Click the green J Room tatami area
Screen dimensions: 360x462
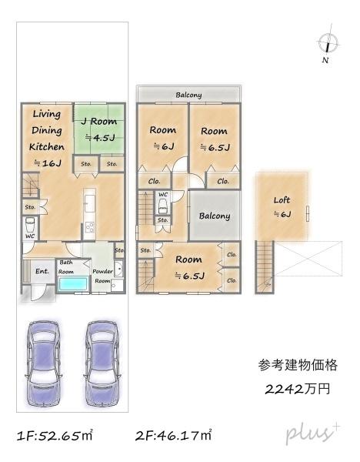[x=98, y=129]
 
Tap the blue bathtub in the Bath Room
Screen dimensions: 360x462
[x=73, y=284]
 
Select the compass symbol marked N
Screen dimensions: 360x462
[x=328, y=44]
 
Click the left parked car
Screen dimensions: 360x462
[x=43, y=363]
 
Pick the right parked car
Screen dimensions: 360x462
[x=102, y=363]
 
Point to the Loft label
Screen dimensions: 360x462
[x=282, y=200]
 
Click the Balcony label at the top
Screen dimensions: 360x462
[x=188, y=95]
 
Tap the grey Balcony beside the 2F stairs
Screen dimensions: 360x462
[x=215, y=216]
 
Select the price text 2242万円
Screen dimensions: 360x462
[x=297, y=389]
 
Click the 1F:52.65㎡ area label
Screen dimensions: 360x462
[x=55, y=435]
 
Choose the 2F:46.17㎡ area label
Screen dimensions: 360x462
[x=173, y=435]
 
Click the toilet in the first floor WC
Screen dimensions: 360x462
[x=30, y=225]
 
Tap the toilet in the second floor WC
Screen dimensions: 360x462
[x=162, y=206]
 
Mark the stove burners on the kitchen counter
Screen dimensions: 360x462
[x=89, y=227]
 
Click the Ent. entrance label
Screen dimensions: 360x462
[x=42, y=271]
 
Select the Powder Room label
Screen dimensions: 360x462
[x=102, y=276]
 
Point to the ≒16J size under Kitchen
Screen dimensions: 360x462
[x=48, y=162]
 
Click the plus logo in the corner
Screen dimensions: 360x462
[x=312, y=434]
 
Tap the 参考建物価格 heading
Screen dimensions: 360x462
[x=298, y=365]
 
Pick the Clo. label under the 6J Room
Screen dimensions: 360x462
[x=155, y=181]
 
